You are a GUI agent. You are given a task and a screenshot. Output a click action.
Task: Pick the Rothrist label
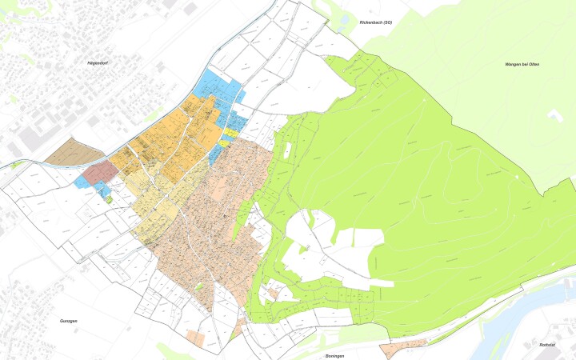tap(547, 345)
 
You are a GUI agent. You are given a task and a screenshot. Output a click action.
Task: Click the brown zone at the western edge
tap(68, 153)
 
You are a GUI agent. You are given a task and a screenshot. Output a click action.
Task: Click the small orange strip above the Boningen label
tap(403, 346)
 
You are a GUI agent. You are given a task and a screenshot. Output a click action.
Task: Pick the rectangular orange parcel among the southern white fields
tap(195, 336)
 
